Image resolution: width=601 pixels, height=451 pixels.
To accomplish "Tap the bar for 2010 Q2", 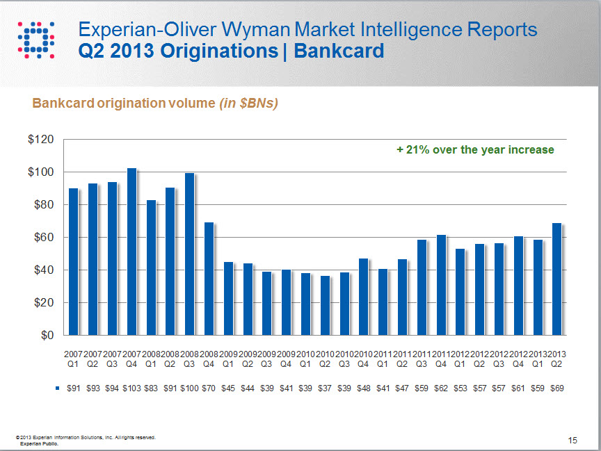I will click(x=325, y=305).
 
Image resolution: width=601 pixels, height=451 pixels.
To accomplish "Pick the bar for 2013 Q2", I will click(x=556, y=279).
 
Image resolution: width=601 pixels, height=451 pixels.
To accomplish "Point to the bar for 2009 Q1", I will click(x=228, y=298).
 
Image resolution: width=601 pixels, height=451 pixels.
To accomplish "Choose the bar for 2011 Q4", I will click(x=441, y=285).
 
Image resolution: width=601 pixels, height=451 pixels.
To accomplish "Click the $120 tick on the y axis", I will click(x=40, y=140).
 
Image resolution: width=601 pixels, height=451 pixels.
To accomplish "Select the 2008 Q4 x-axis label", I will click(x=209, y=358).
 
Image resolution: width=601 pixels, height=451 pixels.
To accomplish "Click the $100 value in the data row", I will click(x=189, y=388).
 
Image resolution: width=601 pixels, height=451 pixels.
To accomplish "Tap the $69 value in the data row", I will click(x=557, y=388).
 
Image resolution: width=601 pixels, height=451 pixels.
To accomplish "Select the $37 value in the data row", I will click(x=324, y=388).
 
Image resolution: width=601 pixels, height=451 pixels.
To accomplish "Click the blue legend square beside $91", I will click(x=58, y=388).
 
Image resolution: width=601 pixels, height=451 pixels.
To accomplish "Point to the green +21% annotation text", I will click(x=475, y=149).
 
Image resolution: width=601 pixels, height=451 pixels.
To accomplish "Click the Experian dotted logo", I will click(x=35, y=40).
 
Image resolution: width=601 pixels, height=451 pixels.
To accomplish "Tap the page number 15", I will click(x=572, y=440).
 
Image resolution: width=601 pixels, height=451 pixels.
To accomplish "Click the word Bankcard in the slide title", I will click(x=339, y=51).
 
